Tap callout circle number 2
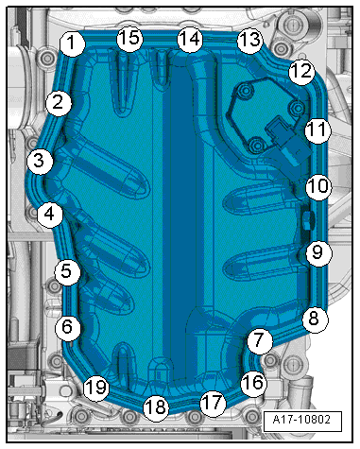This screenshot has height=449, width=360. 59,102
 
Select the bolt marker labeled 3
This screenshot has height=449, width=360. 39,161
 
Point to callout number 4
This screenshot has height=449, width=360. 51,216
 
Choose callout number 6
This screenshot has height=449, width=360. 67,327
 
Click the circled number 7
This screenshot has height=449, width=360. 258,339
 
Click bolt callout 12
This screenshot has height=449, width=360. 300,71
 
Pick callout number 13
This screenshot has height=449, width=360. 249,40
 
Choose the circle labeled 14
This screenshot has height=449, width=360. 190,39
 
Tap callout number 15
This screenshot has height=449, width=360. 129,39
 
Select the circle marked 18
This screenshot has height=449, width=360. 156,407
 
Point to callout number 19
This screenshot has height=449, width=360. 94,386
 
